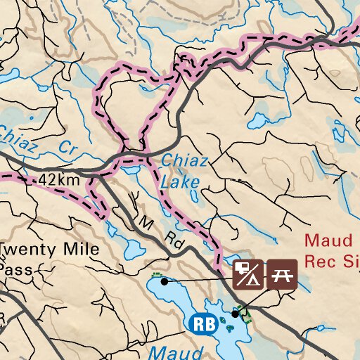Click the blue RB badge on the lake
click(x=201, y=323)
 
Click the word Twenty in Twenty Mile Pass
click(x=25, y=250)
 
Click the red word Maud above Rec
click(x=328, y=241)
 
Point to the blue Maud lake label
click(x=167, y=351)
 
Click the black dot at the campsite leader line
click(x=164, y=281)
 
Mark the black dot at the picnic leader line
click(x=235, y=314)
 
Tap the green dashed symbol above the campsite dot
click(x=156, y=274)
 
